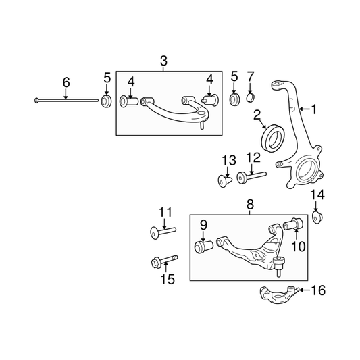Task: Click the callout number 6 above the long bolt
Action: click(66, 82)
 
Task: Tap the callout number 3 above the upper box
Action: click(163, 61)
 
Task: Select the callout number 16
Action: click(318, 290)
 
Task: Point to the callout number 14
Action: click(317, 195)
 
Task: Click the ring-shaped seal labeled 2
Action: click(274, 138)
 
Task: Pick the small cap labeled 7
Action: click(251, 97)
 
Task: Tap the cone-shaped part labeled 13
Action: click(224, 181)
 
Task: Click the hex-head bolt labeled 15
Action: click(164, 261)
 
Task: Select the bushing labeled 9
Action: click(204, 247)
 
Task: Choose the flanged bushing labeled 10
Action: click(293, 224)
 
